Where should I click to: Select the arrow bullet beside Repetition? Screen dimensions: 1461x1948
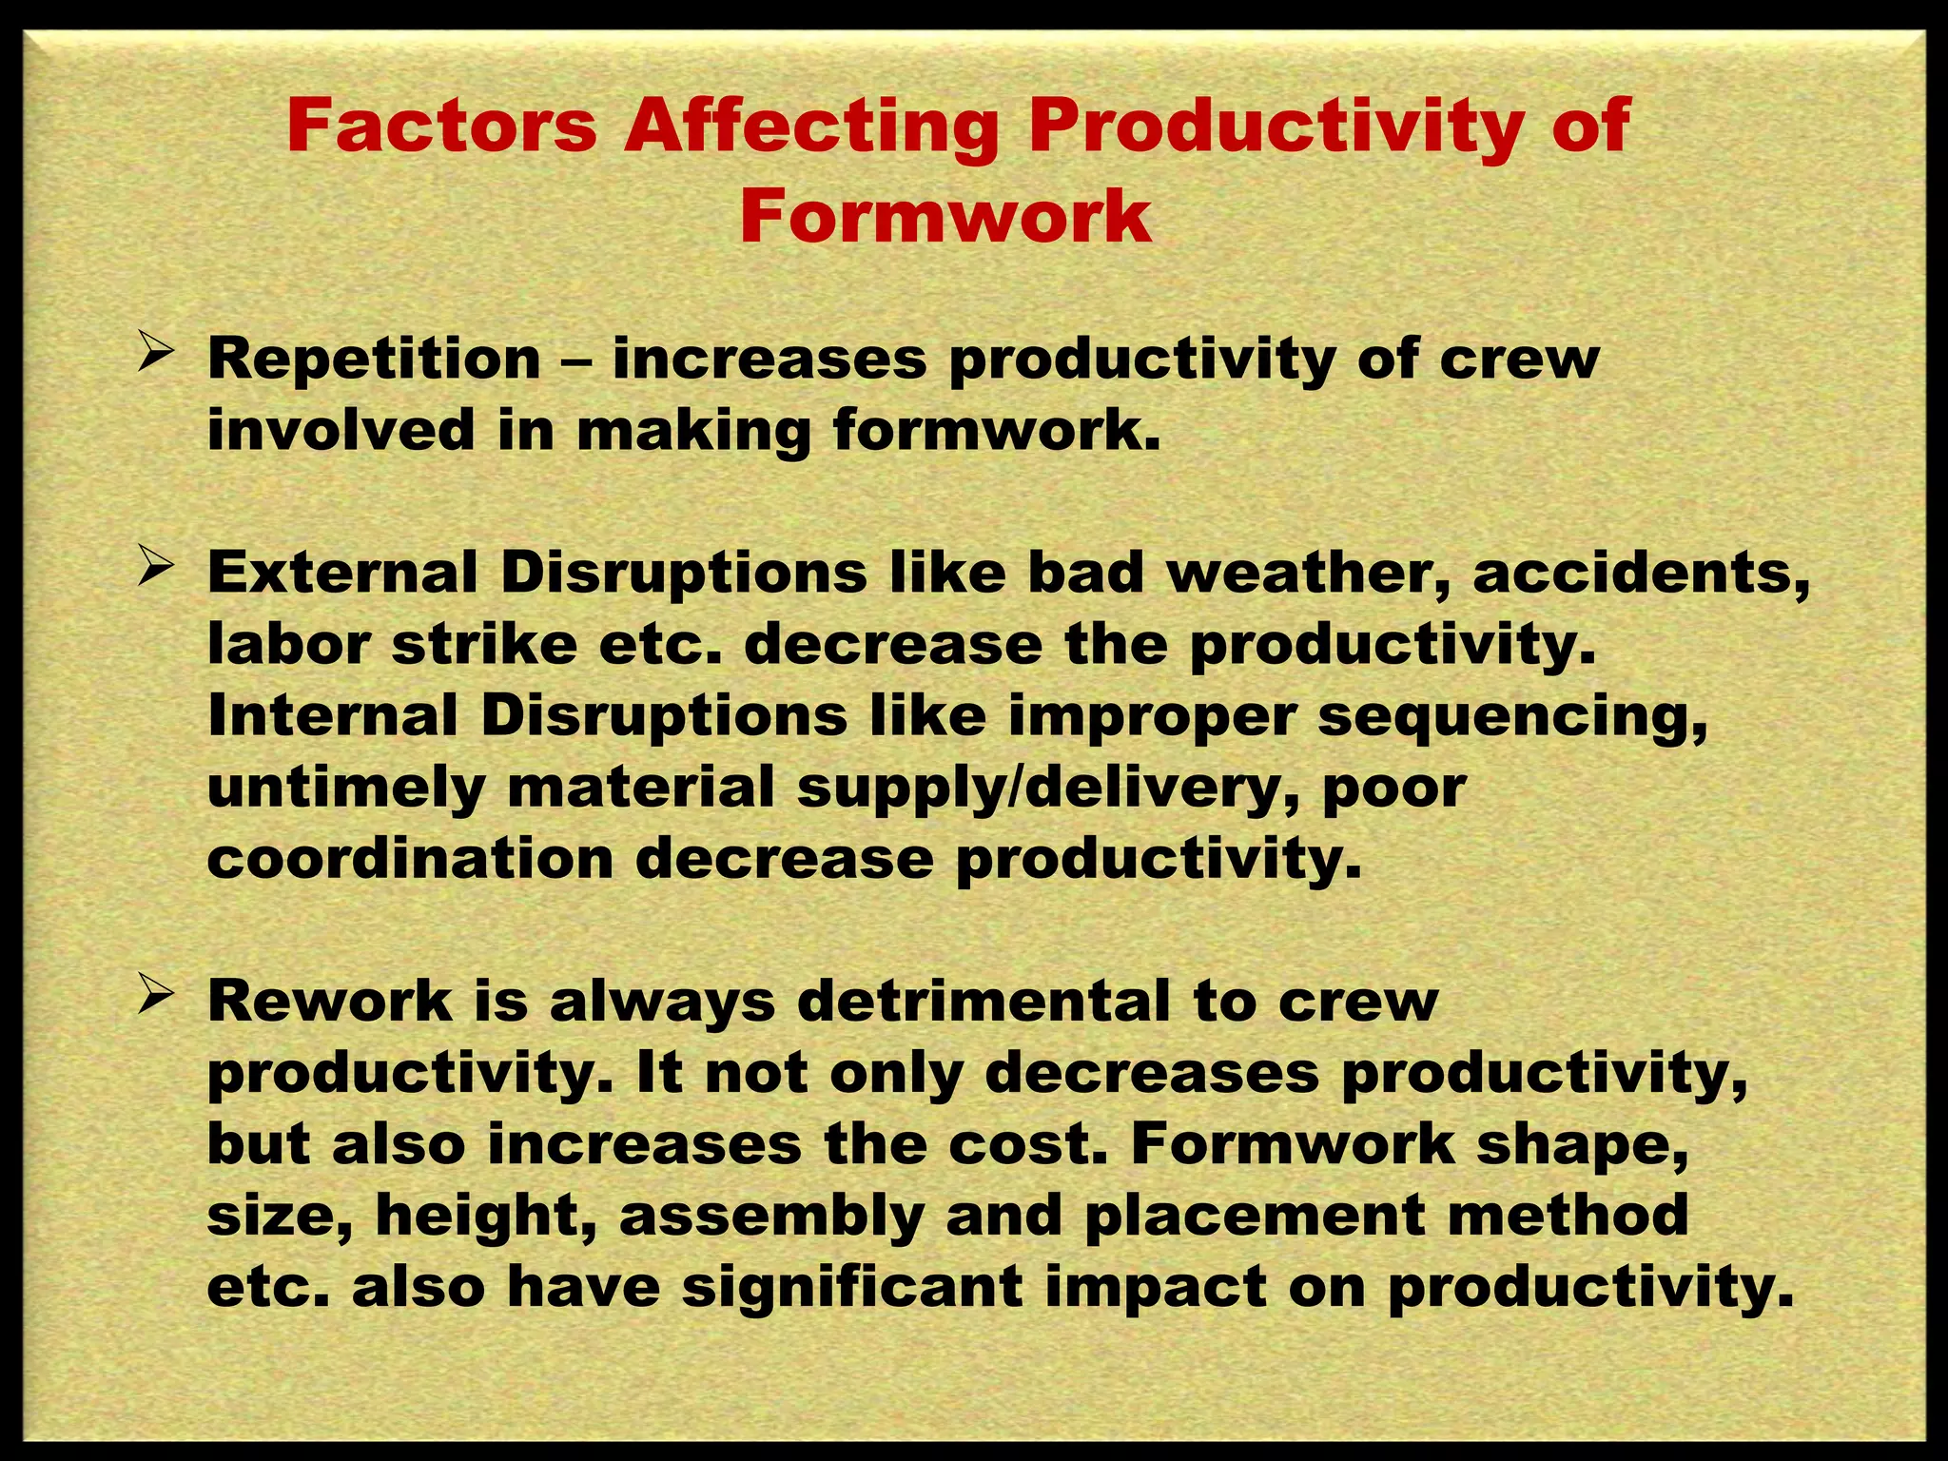154,356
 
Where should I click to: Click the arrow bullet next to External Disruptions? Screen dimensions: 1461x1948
154,570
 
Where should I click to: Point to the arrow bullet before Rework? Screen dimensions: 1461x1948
154,998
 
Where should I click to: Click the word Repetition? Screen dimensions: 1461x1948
374,360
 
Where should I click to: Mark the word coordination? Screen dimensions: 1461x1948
410,859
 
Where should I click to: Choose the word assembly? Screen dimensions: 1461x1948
771,1217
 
